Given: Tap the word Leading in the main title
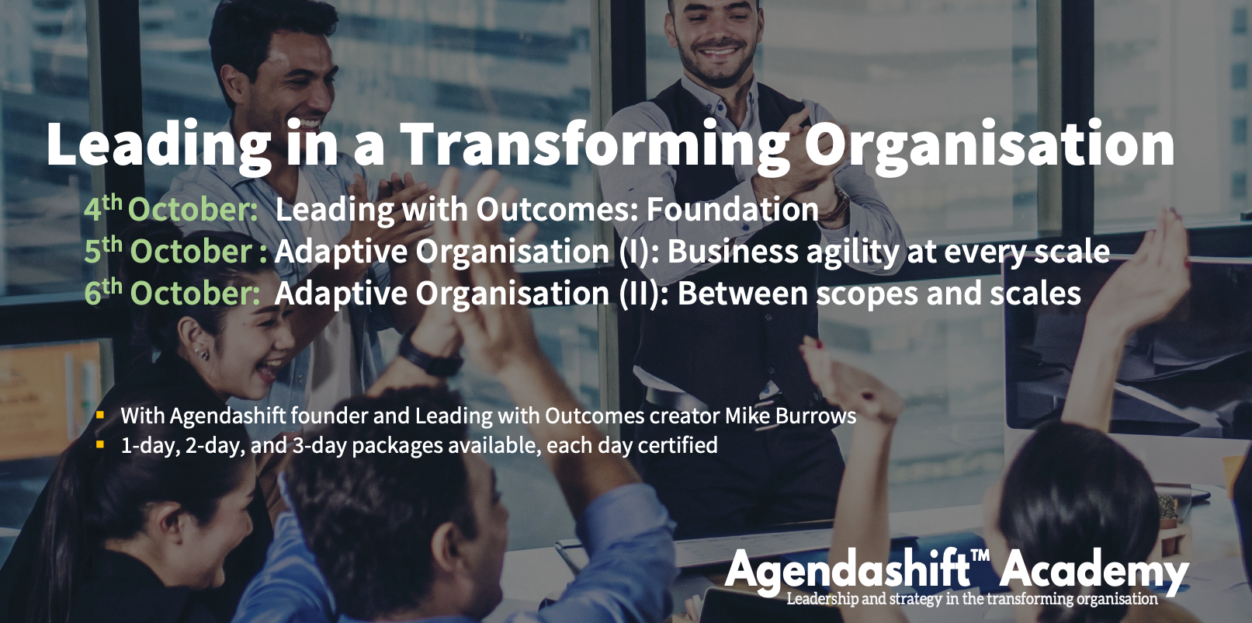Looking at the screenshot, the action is [159, 145].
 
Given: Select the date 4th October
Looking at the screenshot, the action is [171, 209].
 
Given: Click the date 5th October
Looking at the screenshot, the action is [175, 250].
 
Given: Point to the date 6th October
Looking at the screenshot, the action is [172, 292].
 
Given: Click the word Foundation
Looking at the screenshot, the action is [733, 209].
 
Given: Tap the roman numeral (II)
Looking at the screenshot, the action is [643, 294].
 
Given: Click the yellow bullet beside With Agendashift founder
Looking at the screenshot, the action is [100, 415].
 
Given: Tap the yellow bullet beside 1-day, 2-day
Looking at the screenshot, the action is [100, 445].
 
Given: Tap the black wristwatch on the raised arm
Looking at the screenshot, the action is [429, 357].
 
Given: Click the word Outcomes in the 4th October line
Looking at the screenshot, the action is [557, 209].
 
